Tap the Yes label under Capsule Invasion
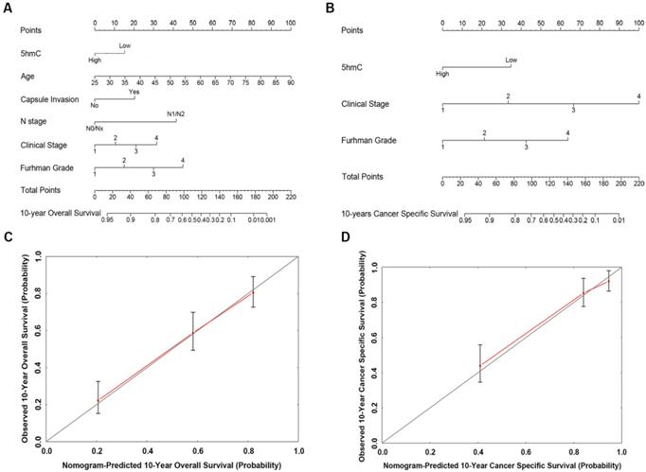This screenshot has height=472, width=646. point(134,91)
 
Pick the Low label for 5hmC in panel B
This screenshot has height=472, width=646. point(511,61)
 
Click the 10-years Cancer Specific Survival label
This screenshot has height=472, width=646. point(396,215)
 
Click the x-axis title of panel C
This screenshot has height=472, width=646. point(171,465)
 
